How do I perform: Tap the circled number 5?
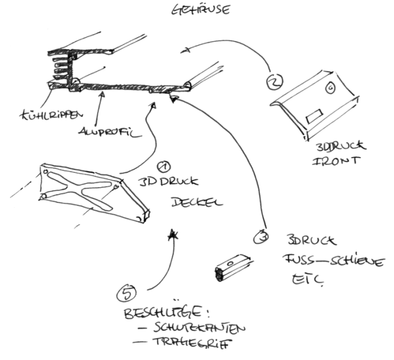tap(127, 291)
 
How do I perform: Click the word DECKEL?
tap(196, 201)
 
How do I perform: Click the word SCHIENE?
tap(358, 260)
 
